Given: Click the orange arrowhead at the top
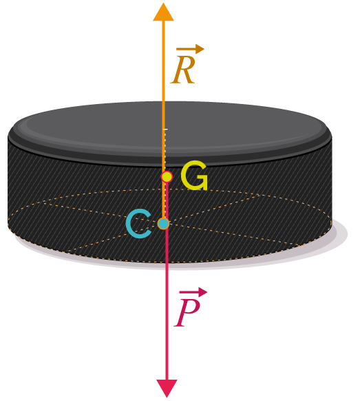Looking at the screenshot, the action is click(x=163, y=12).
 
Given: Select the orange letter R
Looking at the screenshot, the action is click(x=183, y=70).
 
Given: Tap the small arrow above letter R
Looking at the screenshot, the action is click(x=191, y=49).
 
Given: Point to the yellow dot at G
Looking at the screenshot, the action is click(x=167, y=176).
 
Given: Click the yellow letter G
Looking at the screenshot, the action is click(x=194, y=176).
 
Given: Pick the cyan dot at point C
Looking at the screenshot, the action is click(x=163, y=223).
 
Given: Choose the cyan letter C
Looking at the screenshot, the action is click(x=138, y=224).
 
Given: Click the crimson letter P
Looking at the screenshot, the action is click(x=187, y=313).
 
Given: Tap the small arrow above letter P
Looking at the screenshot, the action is click(x=193, y=292).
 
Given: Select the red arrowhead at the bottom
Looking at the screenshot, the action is click(x=167, y=388).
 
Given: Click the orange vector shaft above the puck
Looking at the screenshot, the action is click(x=163, y=61).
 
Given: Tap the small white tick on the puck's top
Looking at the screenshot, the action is click(x=166, y=130).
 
